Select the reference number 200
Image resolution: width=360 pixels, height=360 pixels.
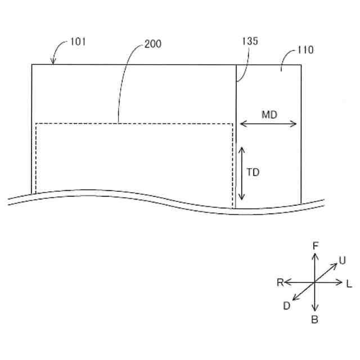pos(153,44)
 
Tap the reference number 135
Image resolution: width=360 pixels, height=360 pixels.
pos(250,41)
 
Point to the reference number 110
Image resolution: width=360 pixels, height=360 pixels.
pos(306,50)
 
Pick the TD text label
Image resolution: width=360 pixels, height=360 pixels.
pos(253,173)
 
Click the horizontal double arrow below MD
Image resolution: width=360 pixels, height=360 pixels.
pos(268,124)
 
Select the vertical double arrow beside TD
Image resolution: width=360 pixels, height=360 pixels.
pos(241,173)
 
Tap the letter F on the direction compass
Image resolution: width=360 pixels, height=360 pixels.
pos(315,245)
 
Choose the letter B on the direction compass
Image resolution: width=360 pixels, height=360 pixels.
pos(315,320)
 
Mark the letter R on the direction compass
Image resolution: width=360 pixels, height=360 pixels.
pos(280,282)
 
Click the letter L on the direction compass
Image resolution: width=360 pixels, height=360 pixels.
pos(349,283)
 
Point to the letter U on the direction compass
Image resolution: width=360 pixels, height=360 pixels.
pos(342,260)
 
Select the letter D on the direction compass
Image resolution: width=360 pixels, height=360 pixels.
pos(287,306)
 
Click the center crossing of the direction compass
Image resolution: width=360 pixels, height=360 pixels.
pos(315,282)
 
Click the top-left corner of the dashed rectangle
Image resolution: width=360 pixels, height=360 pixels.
pos(36,124)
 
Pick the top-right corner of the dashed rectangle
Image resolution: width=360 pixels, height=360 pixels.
pos(232,124)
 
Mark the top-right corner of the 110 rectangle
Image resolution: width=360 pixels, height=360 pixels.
pos(301,65)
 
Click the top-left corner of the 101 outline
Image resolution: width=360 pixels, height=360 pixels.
pos(32,65)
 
